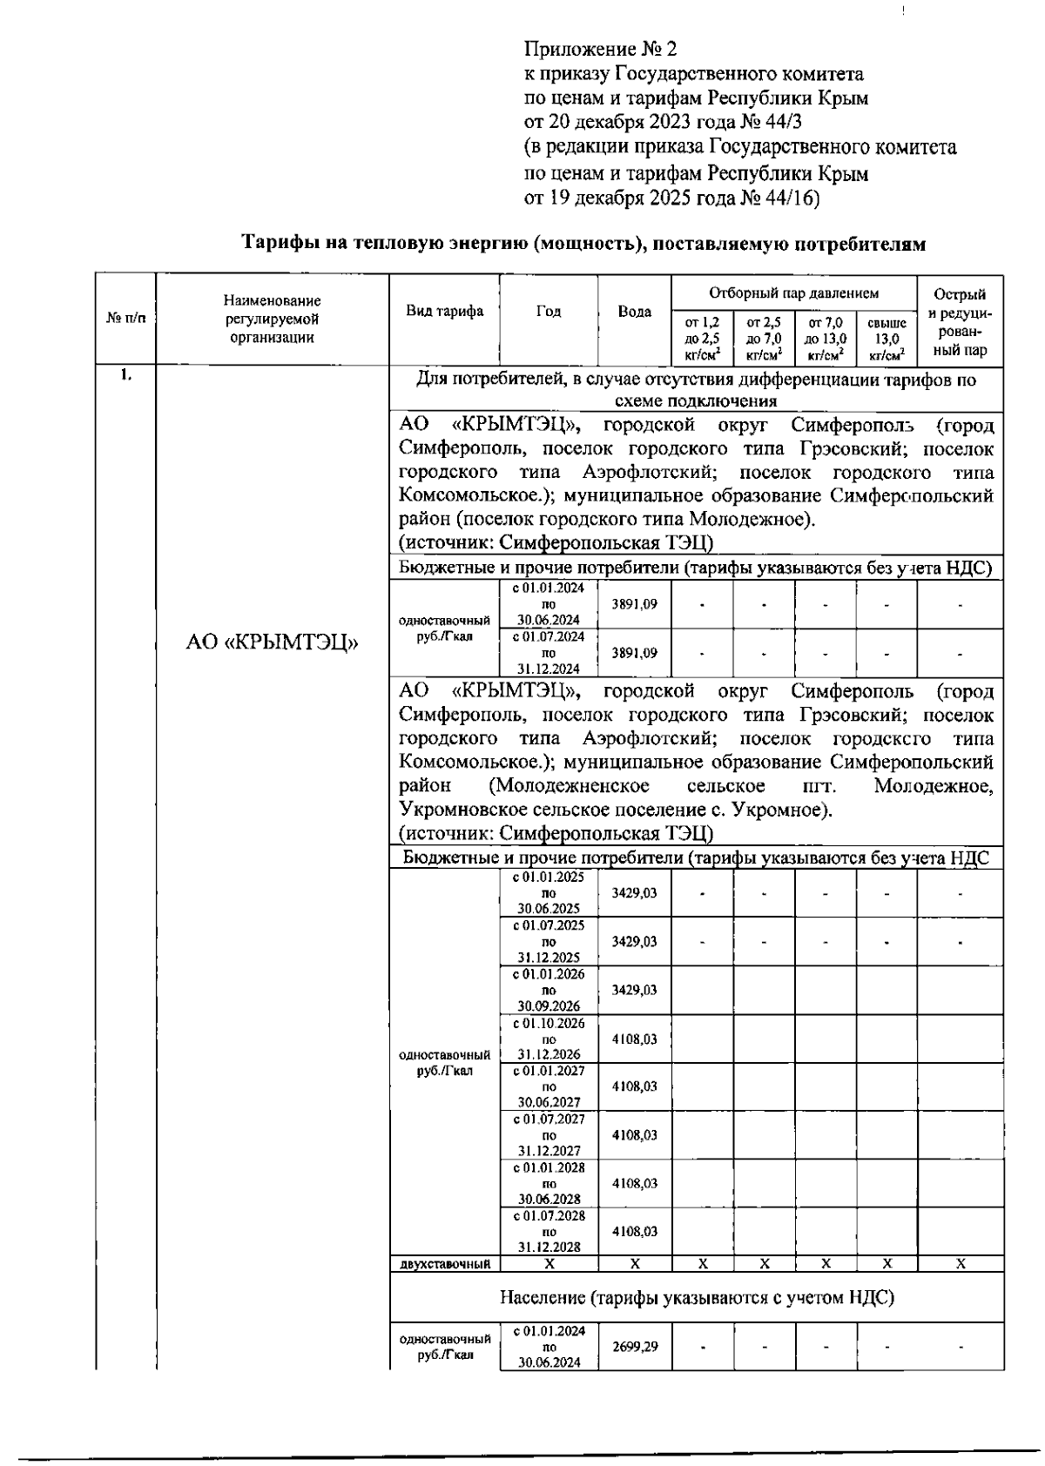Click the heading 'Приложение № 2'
[600, 49]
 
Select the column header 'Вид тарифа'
[444, 312]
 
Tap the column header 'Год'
[549, 312]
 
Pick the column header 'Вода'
[634, 312]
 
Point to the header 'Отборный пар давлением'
[793, 293]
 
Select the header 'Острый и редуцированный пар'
[959, 322]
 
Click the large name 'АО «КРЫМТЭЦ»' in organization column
[273, 643]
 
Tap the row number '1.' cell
[126, 376]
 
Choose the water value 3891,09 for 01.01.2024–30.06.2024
[634, 604]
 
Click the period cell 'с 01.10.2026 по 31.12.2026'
[549, 1039]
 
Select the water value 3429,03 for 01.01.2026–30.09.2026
[634, 990]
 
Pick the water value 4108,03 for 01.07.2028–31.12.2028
[634, 1231]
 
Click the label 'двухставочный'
[444, 1264]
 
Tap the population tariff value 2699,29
[634, 1346]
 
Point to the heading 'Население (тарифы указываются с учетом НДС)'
[697, 1298]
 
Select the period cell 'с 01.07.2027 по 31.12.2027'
[549, 1135]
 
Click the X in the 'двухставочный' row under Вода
[634, 1264]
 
